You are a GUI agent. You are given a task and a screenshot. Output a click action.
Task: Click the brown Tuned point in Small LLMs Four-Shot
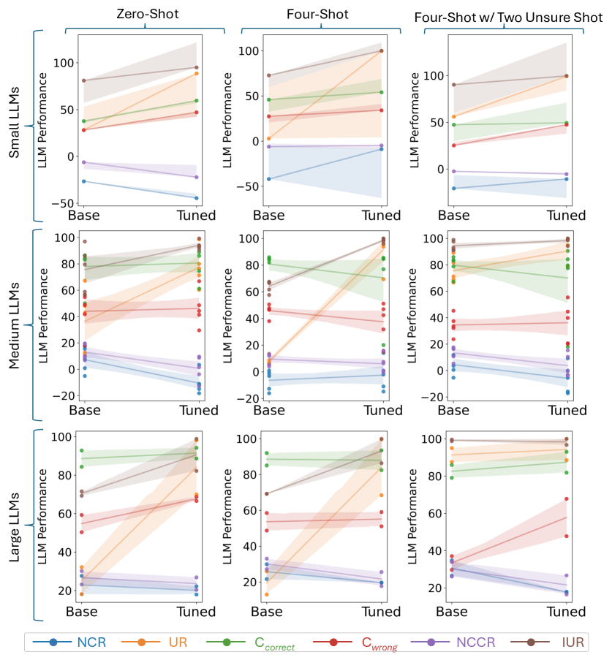tap(381, 50)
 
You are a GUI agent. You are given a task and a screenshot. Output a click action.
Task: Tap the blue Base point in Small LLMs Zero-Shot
tap(84, 181)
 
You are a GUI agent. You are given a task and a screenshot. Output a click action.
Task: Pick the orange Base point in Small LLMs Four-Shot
tap(269, 138)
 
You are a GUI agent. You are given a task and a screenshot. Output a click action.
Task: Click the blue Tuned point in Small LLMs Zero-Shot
tap(196, 198)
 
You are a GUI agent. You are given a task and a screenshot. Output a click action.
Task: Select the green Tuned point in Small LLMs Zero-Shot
tap(196, 100)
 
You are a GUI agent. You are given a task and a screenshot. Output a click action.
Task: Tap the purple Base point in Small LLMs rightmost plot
tap(453, 171)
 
